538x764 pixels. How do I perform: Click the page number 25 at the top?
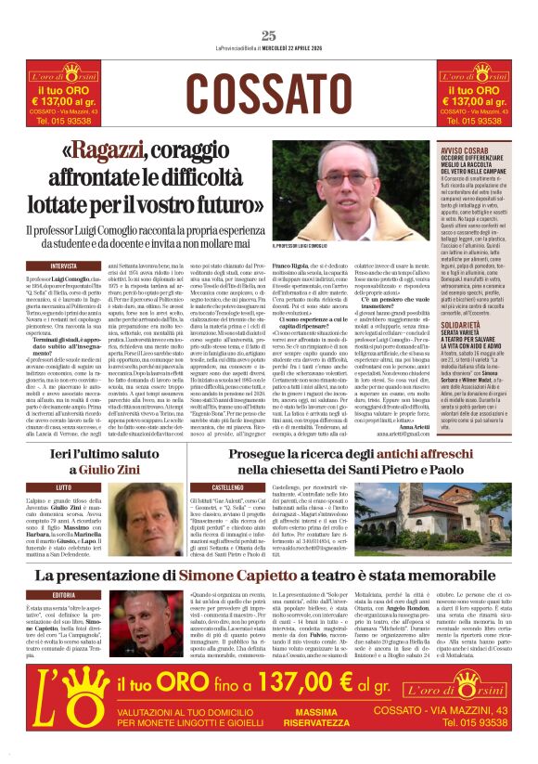click(x=269, y=36)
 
